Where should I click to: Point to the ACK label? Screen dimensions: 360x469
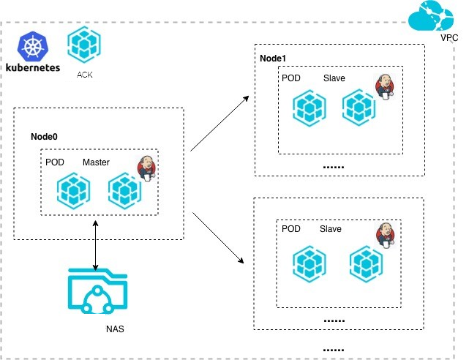(x=84, y=75)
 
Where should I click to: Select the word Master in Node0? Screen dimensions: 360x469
(x=96, y=162)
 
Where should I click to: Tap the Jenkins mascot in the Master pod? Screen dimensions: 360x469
(x=147, y=168)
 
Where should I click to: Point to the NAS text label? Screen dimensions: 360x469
(x=115, y=329)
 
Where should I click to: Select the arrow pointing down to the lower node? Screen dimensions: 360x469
(x=217, y=237)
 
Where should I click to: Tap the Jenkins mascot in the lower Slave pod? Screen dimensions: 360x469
(x=383, y=234)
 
